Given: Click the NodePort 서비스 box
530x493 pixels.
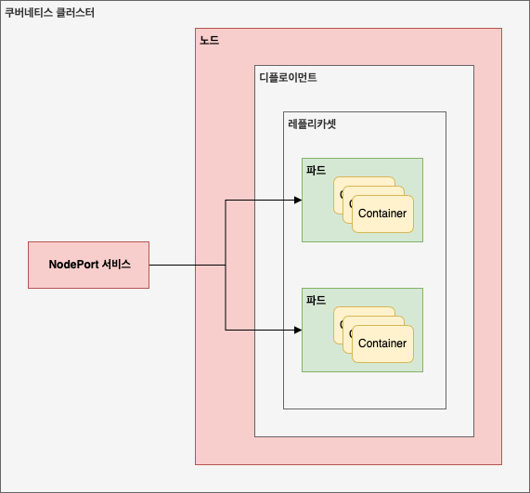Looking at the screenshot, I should click(88, 265).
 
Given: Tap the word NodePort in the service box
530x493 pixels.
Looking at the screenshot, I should click(73, 265).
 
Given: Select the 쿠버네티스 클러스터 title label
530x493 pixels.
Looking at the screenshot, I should click(49, 13).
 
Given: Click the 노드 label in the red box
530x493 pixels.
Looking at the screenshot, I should click(209, 41).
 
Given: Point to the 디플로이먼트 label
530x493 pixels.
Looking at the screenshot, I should click(288, 78).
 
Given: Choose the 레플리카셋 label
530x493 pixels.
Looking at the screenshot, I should click(312, 123).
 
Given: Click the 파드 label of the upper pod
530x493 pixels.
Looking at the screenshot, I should click(315, 170).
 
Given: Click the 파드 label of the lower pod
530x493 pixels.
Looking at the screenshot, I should click(315, 300).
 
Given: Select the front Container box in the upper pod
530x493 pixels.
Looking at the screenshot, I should click(382, 214).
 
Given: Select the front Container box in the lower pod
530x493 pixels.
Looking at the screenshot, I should click(382, 344).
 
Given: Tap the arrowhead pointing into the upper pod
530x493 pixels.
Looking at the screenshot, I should click(297, 200).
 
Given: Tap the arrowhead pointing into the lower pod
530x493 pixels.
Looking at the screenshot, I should click(297, 330).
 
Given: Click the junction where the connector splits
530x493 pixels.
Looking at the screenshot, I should click(226, 265).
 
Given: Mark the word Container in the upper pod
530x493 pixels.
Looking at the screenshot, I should click(382, 214).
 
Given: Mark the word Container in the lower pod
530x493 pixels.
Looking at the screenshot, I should click(382, 344).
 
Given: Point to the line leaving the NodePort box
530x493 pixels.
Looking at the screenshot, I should click(186, 265).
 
